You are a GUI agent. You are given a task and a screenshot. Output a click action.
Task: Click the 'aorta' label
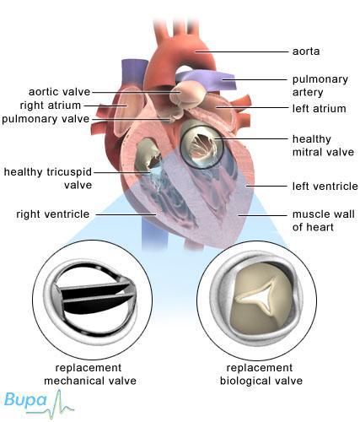[306, 51]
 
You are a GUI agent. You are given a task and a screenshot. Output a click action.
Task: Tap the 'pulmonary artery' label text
[320, 86]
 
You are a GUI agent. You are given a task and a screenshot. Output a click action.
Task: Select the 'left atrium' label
[319, 109]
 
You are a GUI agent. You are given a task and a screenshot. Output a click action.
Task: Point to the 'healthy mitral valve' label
[323, 145]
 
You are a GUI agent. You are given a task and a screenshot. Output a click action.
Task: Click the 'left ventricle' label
[325, 187]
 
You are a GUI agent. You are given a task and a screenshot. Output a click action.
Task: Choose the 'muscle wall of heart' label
[324, 220]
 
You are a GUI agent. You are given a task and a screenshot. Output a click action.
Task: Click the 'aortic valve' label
[60, 92]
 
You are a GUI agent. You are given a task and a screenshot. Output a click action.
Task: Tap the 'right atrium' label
[51, 105]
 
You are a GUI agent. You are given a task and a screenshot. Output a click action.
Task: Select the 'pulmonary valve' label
[46, 119]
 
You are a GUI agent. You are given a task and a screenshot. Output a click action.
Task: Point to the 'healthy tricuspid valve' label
[48, 178]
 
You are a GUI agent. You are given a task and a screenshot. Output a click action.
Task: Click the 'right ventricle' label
[53, 214]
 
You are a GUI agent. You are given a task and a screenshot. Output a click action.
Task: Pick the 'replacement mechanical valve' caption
[90, 374]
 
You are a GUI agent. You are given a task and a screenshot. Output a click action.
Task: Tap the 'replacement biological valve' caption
[261, 374]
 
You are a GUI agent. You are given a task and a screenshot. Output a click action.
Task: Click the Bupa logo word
[25, 400]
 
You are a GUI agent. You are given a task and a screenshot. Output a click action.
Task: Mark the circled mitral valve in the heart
[202, 146]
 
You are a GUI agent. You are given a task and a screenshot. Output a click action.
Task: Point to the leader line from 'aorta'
[242, 51]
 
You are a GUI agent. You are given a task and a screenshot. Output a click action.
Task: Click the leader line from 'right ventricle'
[126, 214]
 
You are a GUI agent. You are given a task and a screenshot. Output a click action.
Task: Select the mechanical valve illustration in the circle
[92, 300]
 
